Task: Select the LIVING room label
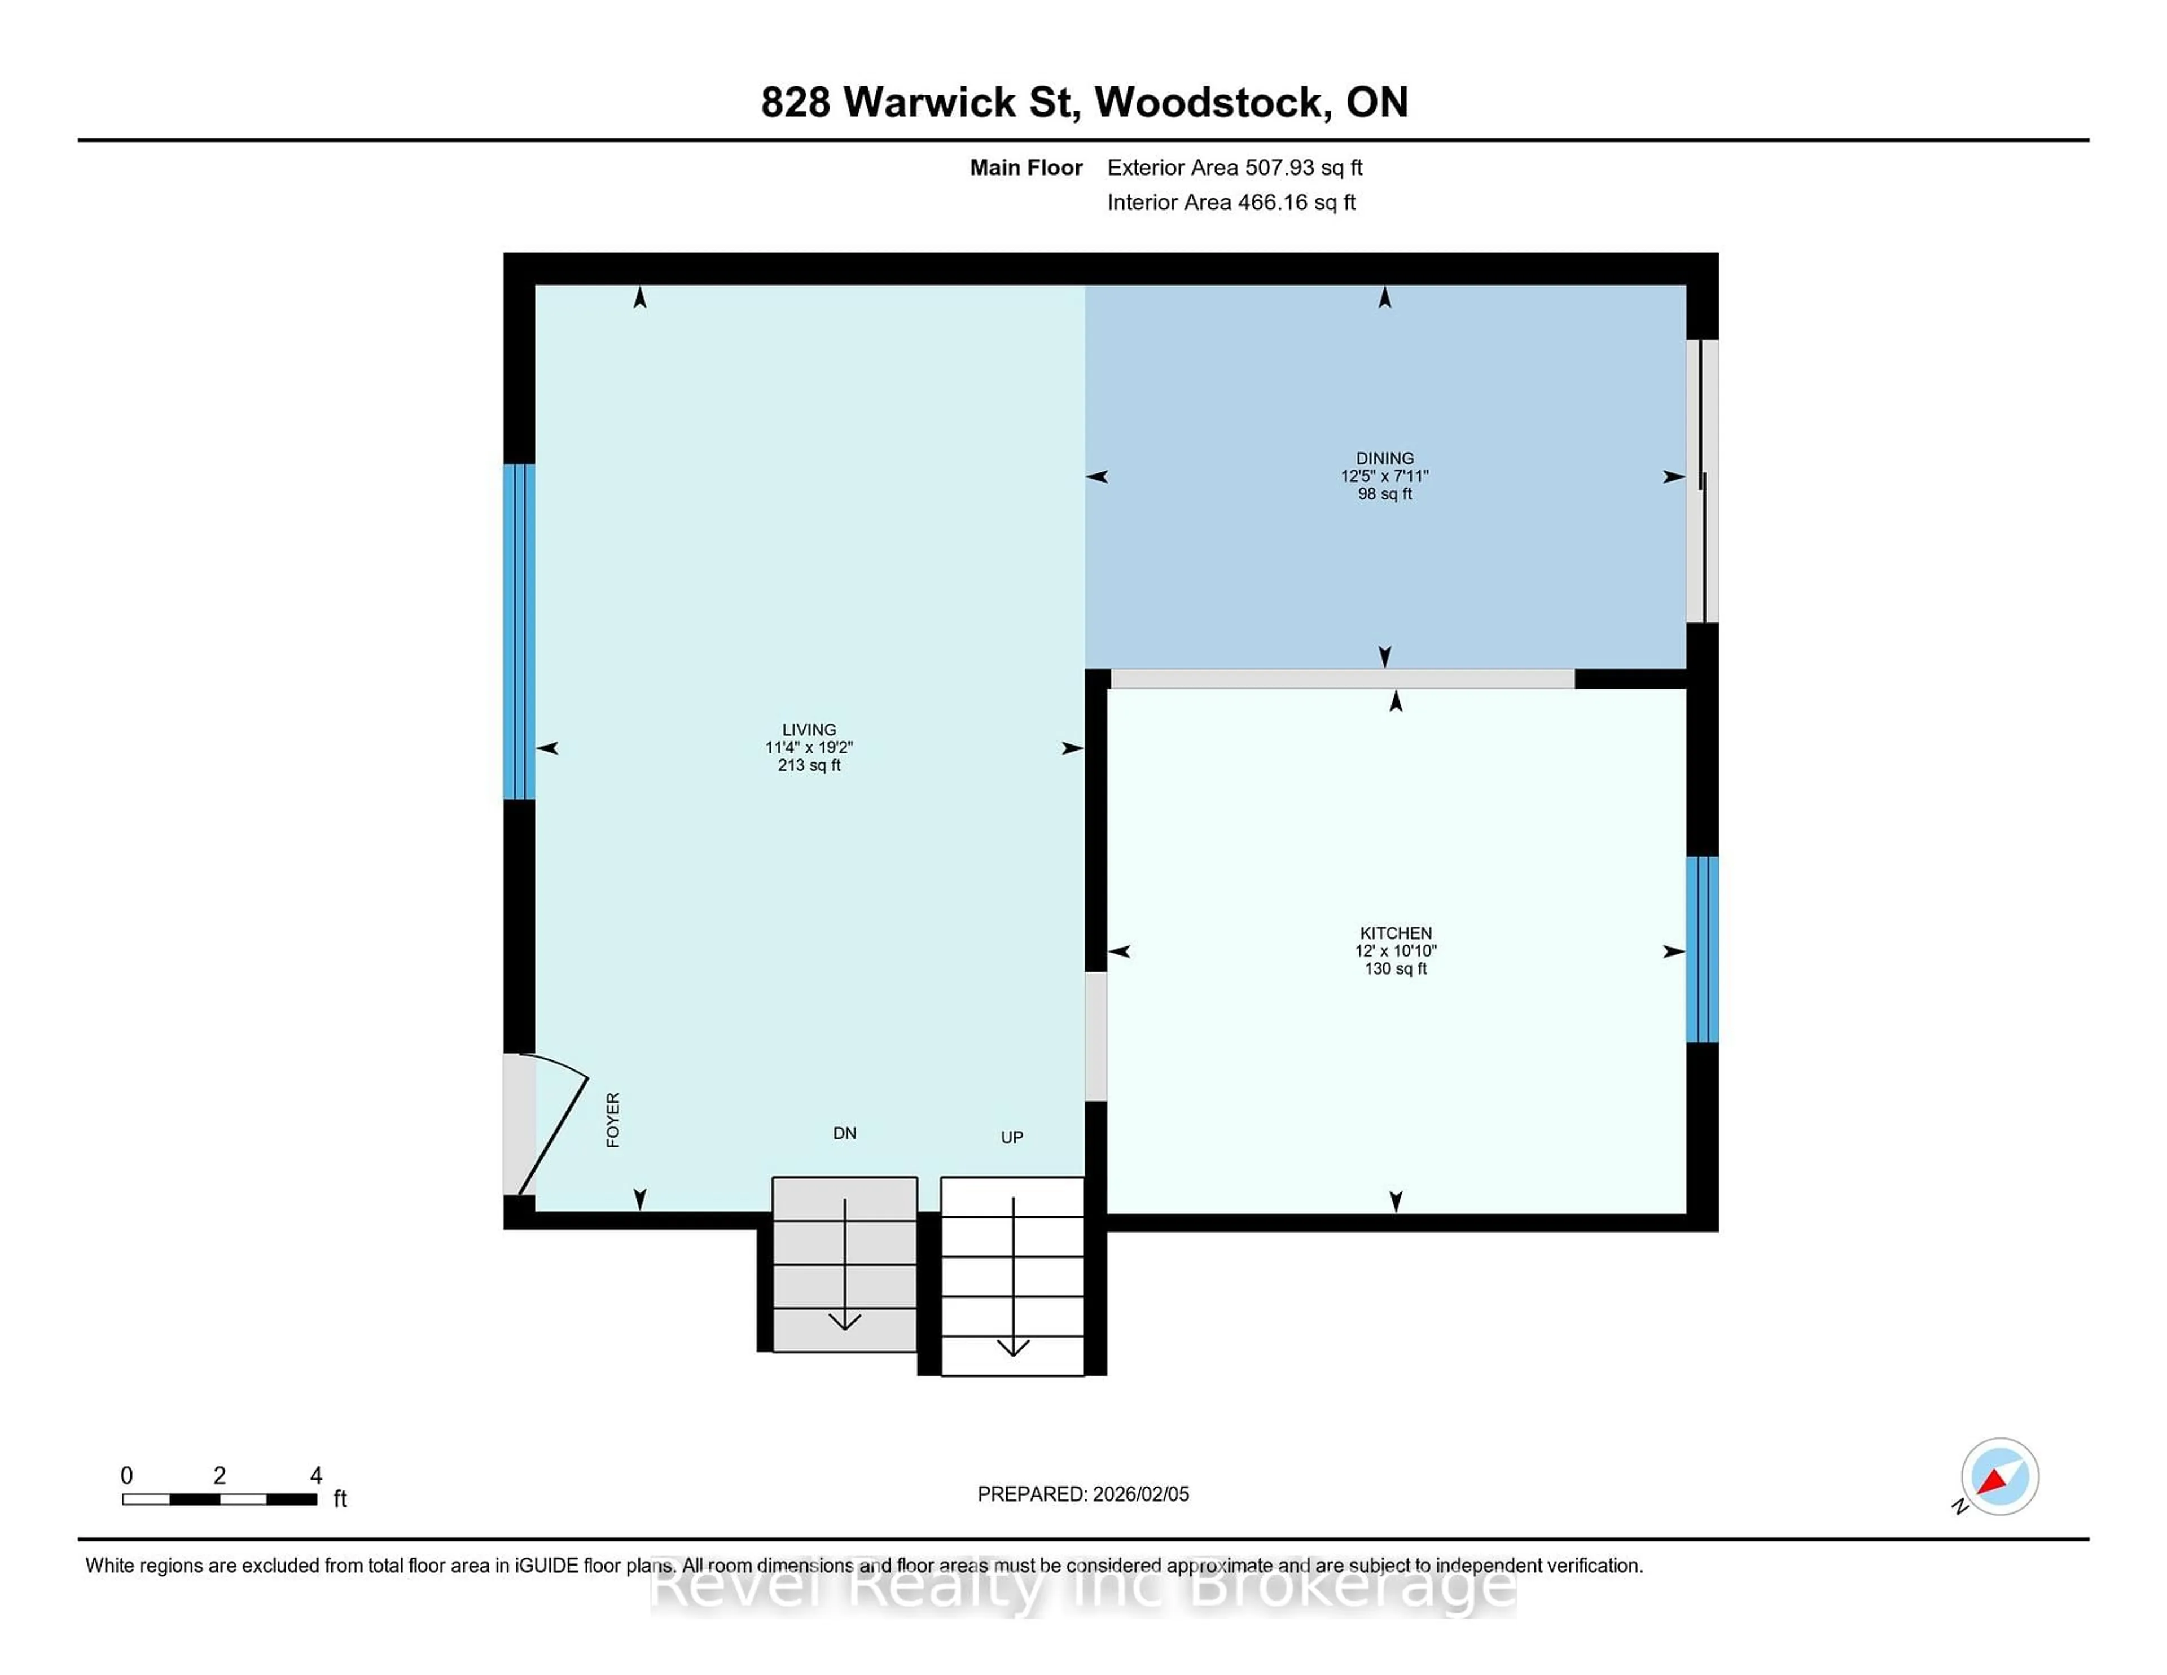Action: (x=809, y=729)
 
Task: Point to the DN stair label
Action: (x=844, y=1133)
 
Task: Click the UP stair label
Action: (x=1011, y=1137)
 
